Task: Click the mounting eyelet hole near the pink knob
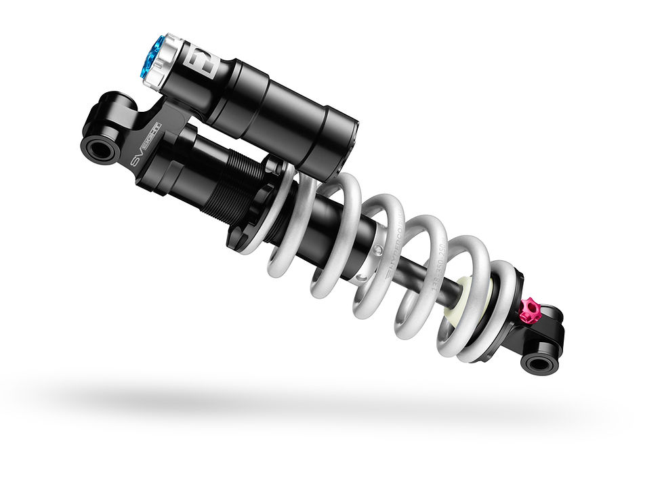pos(539,364)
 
